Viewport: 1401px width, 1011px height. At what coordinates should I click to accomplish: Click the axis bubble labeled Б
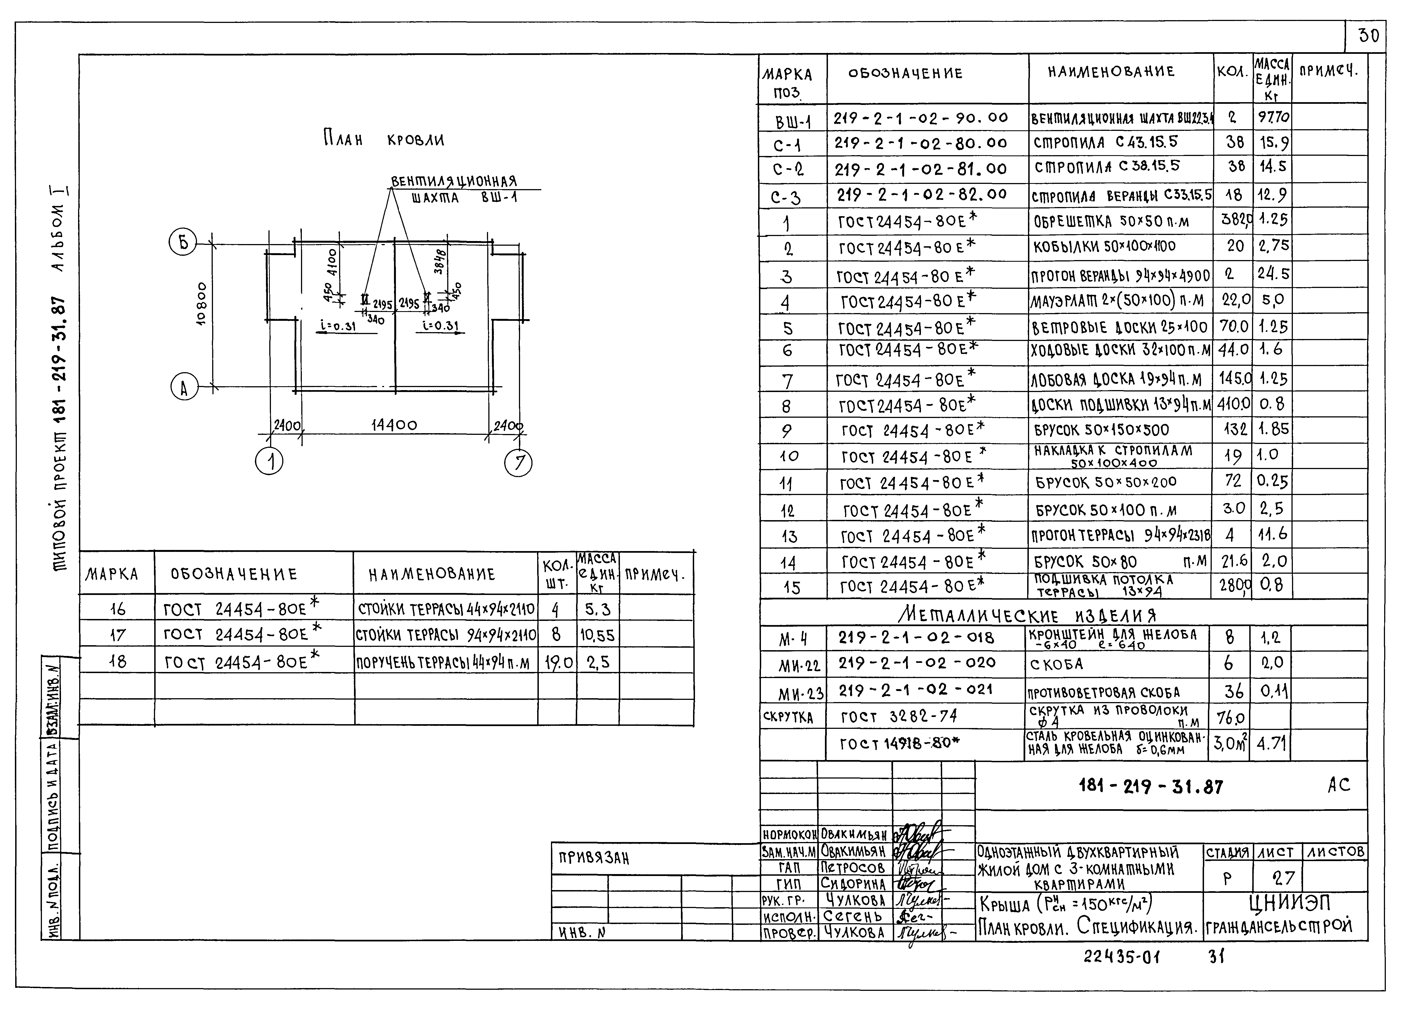coord(183,243)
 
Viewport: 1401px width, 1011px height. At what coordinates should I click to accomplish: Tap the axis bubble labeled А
coord(183,388)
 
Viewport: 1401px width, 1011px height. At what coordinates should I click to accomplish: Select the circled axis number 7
coord(518,463)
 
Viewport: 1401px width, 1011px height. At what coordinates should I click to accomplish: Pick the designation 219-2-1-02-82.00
coord(922,195)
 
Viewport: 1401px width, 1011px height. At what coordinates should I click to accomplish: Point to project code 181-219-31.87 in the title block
coord(1150,786)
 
